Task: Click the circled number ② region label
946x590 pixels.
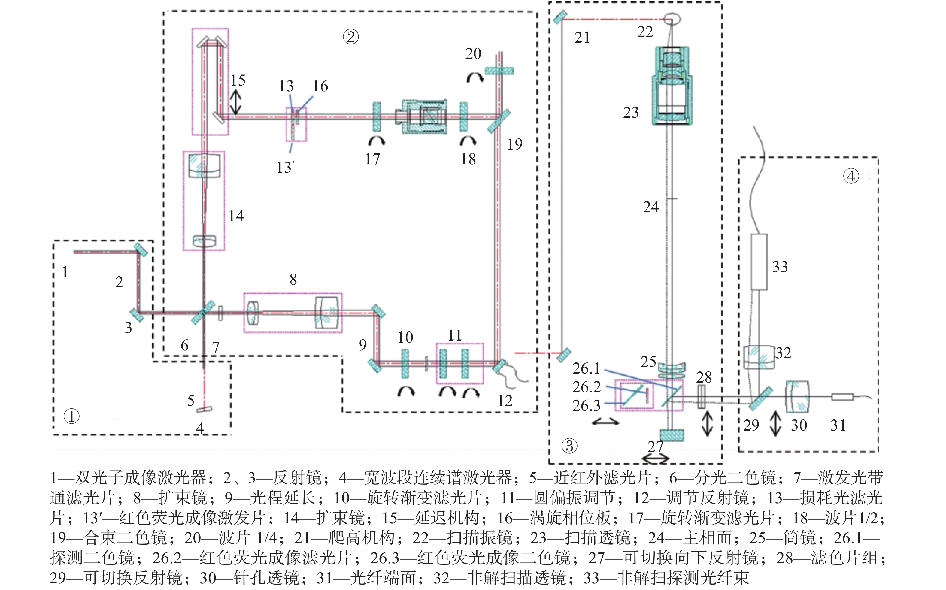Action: coord(350,37)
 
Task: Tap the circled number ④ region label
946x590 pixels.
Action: coord(851,176)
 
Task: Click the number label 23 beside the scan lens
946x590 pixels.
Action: coord(631,112)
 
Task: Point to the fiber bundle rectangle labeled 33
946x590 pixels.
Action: coord(759,262)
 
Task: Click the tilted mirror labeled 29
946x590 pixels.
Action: coord(761,398)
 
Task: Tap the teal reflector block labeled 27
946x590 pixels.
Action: coord(672,435)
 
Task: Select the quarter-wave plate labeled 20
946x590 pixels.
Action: coord(499,71)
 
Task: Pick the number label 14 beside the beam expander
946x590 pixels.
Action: coord(236,216)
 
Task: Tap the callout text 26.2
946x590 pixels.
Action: coord(586,387)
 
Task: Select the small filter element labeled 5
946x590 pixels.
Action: coord(205,409)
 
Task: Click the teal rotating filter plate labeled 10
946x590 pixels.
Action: coord(405,364)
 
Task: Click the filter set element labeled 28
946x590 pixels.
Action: coord(701,397)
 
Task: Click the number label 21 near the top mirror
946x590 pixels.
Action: coord(582,38)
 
